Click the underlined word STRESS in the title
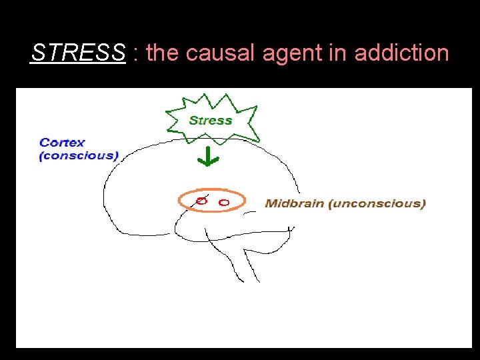pyautogui.click(x=78, y=53)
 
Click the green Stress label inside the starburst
pyautogui.click(x=210, y=121)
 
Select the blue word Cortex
pyautogui.click(x=62, y=142)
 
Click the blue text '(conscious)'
pyautogui.click(x=79, y=156)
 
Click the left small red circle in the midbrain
pyautogui.click(x=201, y=200)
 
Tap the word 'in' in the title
pyautogui.click(x=337, y=53)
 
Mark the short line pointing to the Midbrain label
pyautogui.click(x=250, y=212)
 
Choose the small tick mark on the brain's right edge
pyautogui.click(x=289, y=229)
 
